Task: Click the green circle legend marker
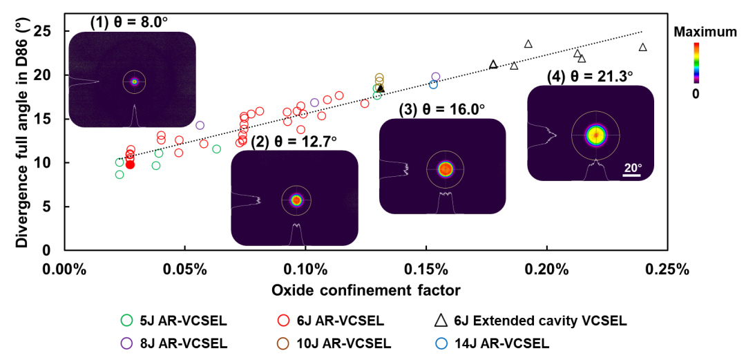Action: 126,320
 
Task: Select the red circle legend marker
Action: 283,320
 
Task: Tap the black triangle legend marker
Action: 441,320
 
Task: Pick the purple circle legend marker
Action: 126,343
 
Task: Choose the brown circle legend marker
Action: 283,343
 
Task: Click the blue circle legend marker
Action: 441,343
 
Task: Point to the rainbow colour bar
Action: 696,62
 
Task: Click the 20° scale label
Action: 633,168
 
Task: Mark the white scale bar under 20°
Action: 631,176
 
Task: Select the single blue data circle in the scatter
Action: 433,84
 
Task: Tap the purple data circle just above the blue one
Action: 436,76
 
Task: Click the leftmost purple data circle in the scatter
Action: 200,125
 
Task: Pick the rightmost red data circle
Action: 365,104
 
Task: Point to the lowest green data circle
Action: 119,175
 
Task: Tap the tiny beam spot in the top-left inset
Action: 134,82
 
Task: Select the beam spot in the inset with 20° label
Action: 595,135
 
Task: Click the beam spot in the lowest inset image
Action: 296,200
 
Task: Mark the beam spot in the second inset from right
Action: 446,169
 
